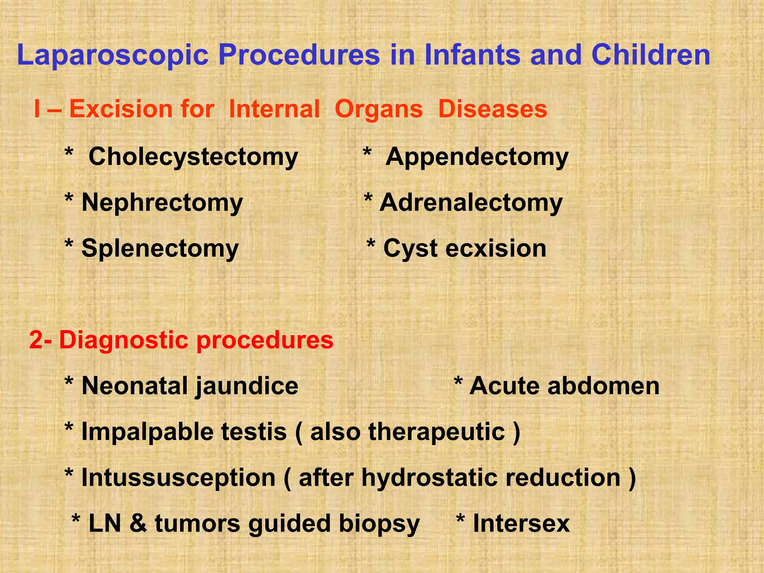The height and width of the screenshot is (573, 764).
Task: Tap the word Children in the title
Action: [651, 55]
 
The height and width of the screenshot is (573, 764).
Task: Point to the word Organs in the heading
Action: [379, 110]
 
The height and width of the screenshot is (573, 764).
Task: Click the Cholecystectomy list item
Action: [193, 157]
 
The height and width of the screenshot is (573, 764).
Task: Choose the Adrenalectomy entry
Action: [471, 203]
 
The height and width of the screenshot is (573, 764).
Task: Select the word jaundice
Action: [247, 386]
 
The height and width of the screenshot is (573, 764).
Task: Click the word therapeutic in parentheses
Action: [436, 432]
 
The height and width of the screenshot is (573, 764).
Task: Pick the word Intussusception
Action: [178, 478]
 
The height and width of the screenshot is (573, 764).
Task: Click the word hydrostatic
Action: [429, 477]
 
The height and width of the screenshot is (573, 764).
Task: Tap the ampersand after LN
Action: [138, 523]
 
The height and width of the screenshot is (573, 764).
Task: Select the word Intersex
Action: [521, 523]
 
